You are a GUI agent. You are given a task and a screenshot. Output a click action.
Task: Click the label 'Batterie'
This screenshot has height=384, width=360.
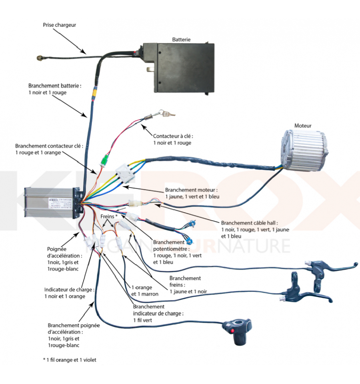(x=181, y=40)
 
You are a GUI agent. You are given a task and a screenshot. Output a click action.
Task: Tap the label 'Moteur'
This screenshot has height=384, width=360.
(x=303, y=126)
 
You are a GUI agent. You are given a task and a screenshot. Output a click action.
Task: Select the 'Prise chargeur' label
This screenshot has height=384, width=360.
(x=59, y=25)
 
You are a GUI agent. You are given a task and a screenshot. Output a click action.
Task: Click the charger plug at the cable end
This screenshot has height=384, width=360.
(x=39, y=58)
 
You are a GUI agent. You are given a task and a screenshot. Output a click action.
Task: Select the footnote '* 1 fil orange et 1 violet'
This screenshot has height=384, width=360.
(x=70, y=360)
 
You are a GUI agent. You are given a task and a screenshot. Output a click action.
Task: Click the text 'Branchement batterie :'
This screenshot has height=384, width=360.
(x=55, y=86)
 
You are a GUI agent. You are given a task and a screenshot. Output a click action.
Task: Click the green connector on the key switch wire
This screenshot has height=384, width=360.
(x=104, y=160)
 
